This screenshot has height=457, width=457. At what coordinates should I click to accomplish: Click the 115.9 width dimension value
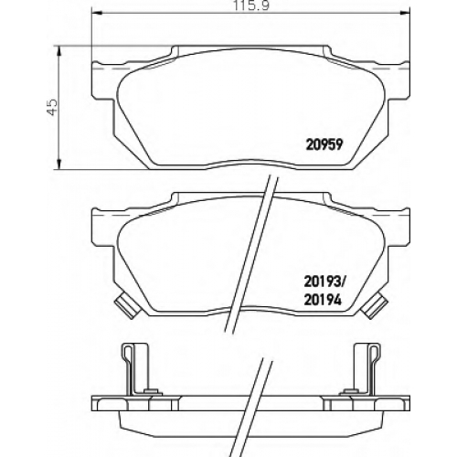click(251, 5)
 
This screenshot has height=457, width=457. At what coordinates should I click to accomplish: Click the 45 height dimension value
click(52, 107)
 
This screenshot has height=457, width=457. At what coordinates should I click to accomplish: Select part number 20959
click(324, 145)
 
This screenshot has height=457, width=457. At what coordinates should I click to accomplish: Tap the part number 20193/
click(324, 282)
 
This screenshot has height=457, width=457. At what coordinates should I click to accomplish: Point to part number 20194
click(323, 301)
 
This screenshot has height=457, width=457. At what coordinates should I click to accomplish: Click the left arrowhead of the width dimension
click(96, 13)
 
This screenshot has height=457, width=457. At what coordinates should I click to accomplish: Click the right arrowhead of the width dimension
click(405, 13)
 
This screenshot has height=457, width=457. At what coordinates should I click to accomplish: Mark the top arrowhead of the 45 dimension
click(59, 51)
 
